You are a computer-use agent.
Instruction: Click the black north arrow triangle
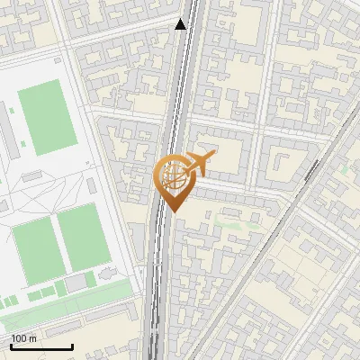181,24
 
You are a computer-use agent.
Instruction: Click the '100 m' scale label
24,338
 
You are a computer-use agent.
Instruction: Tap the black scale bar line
41,346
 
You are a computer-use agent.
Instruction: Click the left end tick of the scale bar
11,346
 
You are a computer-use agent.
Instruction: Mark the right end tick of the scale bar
72,346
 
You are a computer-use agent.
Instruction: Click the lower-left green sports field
35,246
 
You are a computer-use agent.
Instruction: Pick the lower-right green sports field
85,236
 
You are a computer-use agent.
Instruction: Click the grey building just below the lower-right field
76,283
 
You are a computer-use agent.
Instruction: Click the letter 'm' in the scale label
32,338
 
